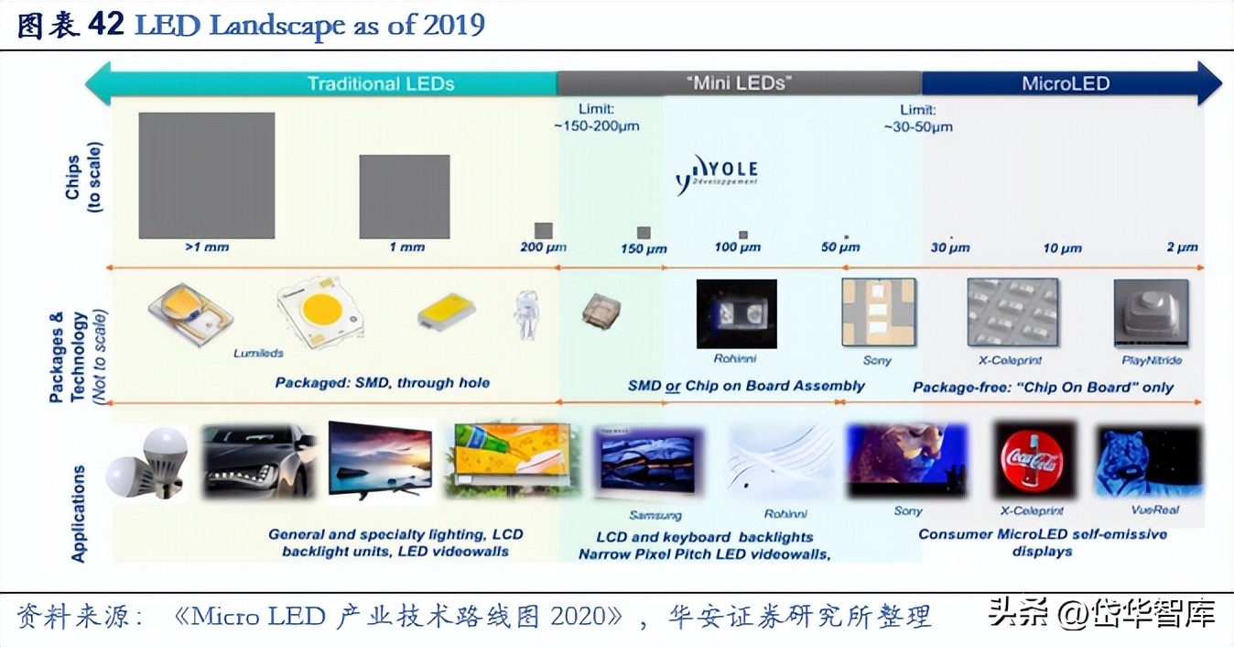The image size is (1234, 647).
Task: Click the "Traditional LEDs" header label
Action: (380, 83)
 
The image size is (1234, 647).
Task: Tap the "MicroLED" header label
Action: (1065, 83)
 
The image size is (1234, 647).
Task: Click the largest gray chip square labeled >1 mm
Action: (206, 175)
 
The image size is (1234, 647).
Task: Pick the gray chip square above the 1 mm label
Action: (404, 196)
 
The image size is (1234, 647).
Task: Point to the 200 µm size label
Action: (543, 247)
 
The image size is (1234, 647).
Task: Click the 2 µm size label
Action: (1182, 247)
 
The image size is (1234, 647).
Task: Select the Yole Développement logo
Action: (718, 172)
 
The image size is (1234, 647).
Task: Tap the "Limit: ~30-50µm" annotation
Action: (918, 118)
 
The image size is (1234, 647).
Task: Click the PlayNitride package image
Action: (1151, 313)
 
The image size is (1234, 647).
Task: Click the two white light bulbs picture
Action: (147, 463)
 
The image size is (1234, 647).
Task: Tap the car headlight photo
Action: (258, 461)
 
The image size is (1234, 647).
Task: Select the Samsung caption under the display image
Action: (655, 515)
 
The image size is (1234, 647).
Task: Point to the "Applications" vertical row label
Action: (79, 513)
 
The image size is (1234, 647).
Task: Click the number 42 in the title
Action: (105, 24)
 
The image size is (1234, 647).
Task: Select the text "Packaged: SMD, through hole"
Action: (382, 382)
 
